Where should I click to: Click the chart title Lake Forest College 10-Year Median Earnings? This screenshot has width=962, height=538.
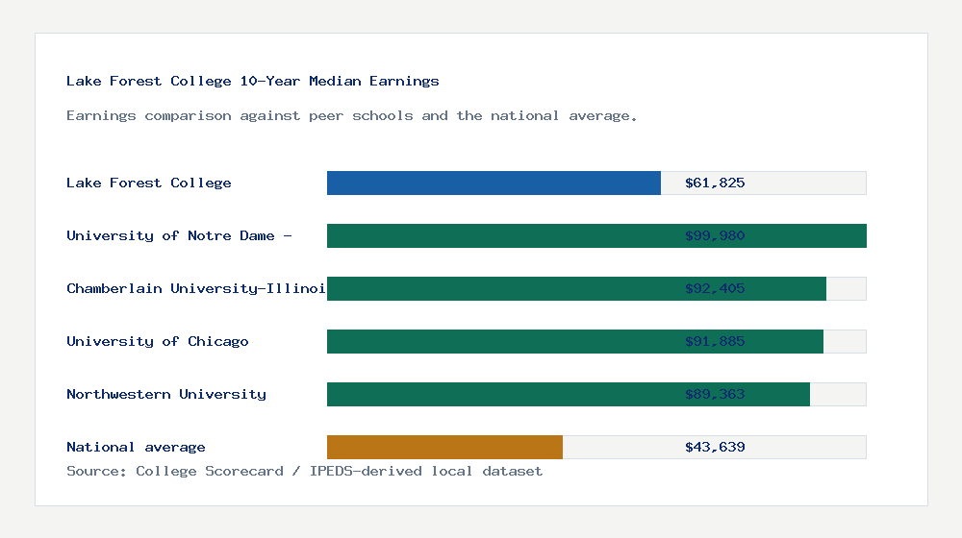click(252, 82)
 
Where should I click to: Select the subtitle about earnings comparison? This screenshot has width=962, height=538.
click(351, 116)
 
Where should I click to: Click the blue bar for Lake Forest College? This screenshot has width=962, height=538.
click(494, 183)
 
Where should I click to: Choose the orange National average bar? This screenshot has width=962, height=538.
click(444, 447)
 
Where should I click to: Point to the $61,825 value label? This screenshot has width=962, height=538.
click(715, 183)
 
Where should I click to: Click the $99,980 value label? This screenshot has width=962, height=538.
click(715, 235)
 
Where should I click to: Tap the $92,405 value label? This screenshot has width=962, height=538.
click(715, 288)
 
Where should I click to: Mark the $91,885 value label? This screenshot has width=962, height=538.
click(715, 341)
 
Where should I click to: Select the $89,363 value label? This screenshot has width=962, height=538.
click(715, 394)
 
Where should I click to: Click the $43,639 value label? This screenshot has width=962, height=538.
click(715, 447)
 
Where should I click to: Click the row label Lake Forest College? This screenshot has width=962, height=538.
click(149, 183)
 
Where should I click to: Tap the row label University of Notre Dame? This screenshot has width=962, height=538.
click(178, 235)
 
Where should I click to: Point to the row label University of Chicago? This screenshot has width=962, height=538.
click(158, 341)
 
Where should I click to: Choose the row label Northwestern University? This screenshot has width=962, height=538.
click(166, 394)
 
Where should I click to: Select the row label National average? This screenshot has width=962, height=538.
click(136, 447)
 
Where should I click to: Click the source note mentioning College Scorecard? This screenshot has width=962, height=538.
click(304, 472)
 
